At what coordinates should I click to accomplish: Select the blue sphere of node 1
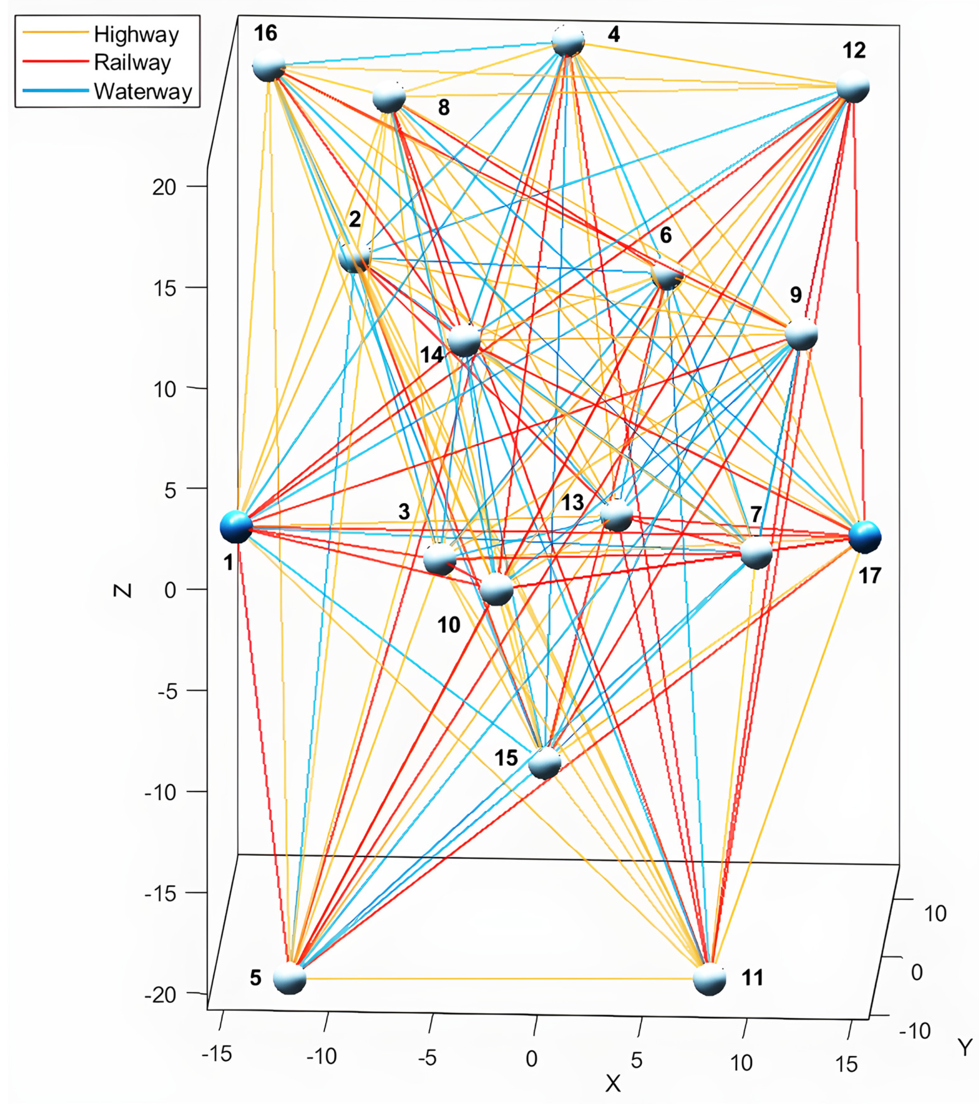(236, 526)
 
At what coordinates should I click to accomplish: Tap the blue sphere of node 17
(864, 537)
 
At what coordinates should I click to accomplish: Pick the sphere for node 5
(290, 978)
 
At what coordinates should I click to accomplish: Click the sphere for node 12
(852, 86)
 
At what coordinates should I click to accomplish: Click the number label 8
(443, 107)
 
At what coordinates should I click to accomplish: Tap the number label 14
(432, 355)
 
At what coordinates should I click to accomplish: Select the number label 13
(573, 502)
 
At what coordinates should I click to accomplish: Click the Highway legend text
(136, 34)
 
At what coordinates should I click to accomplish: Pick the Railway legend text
(132, 63)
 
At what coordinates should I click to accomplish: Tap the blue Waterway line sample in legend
(55, 91)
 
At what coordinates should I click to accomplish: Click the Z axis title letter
(123, 590)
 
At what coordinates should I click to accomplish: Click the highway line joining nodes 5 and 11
(500, 979)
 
